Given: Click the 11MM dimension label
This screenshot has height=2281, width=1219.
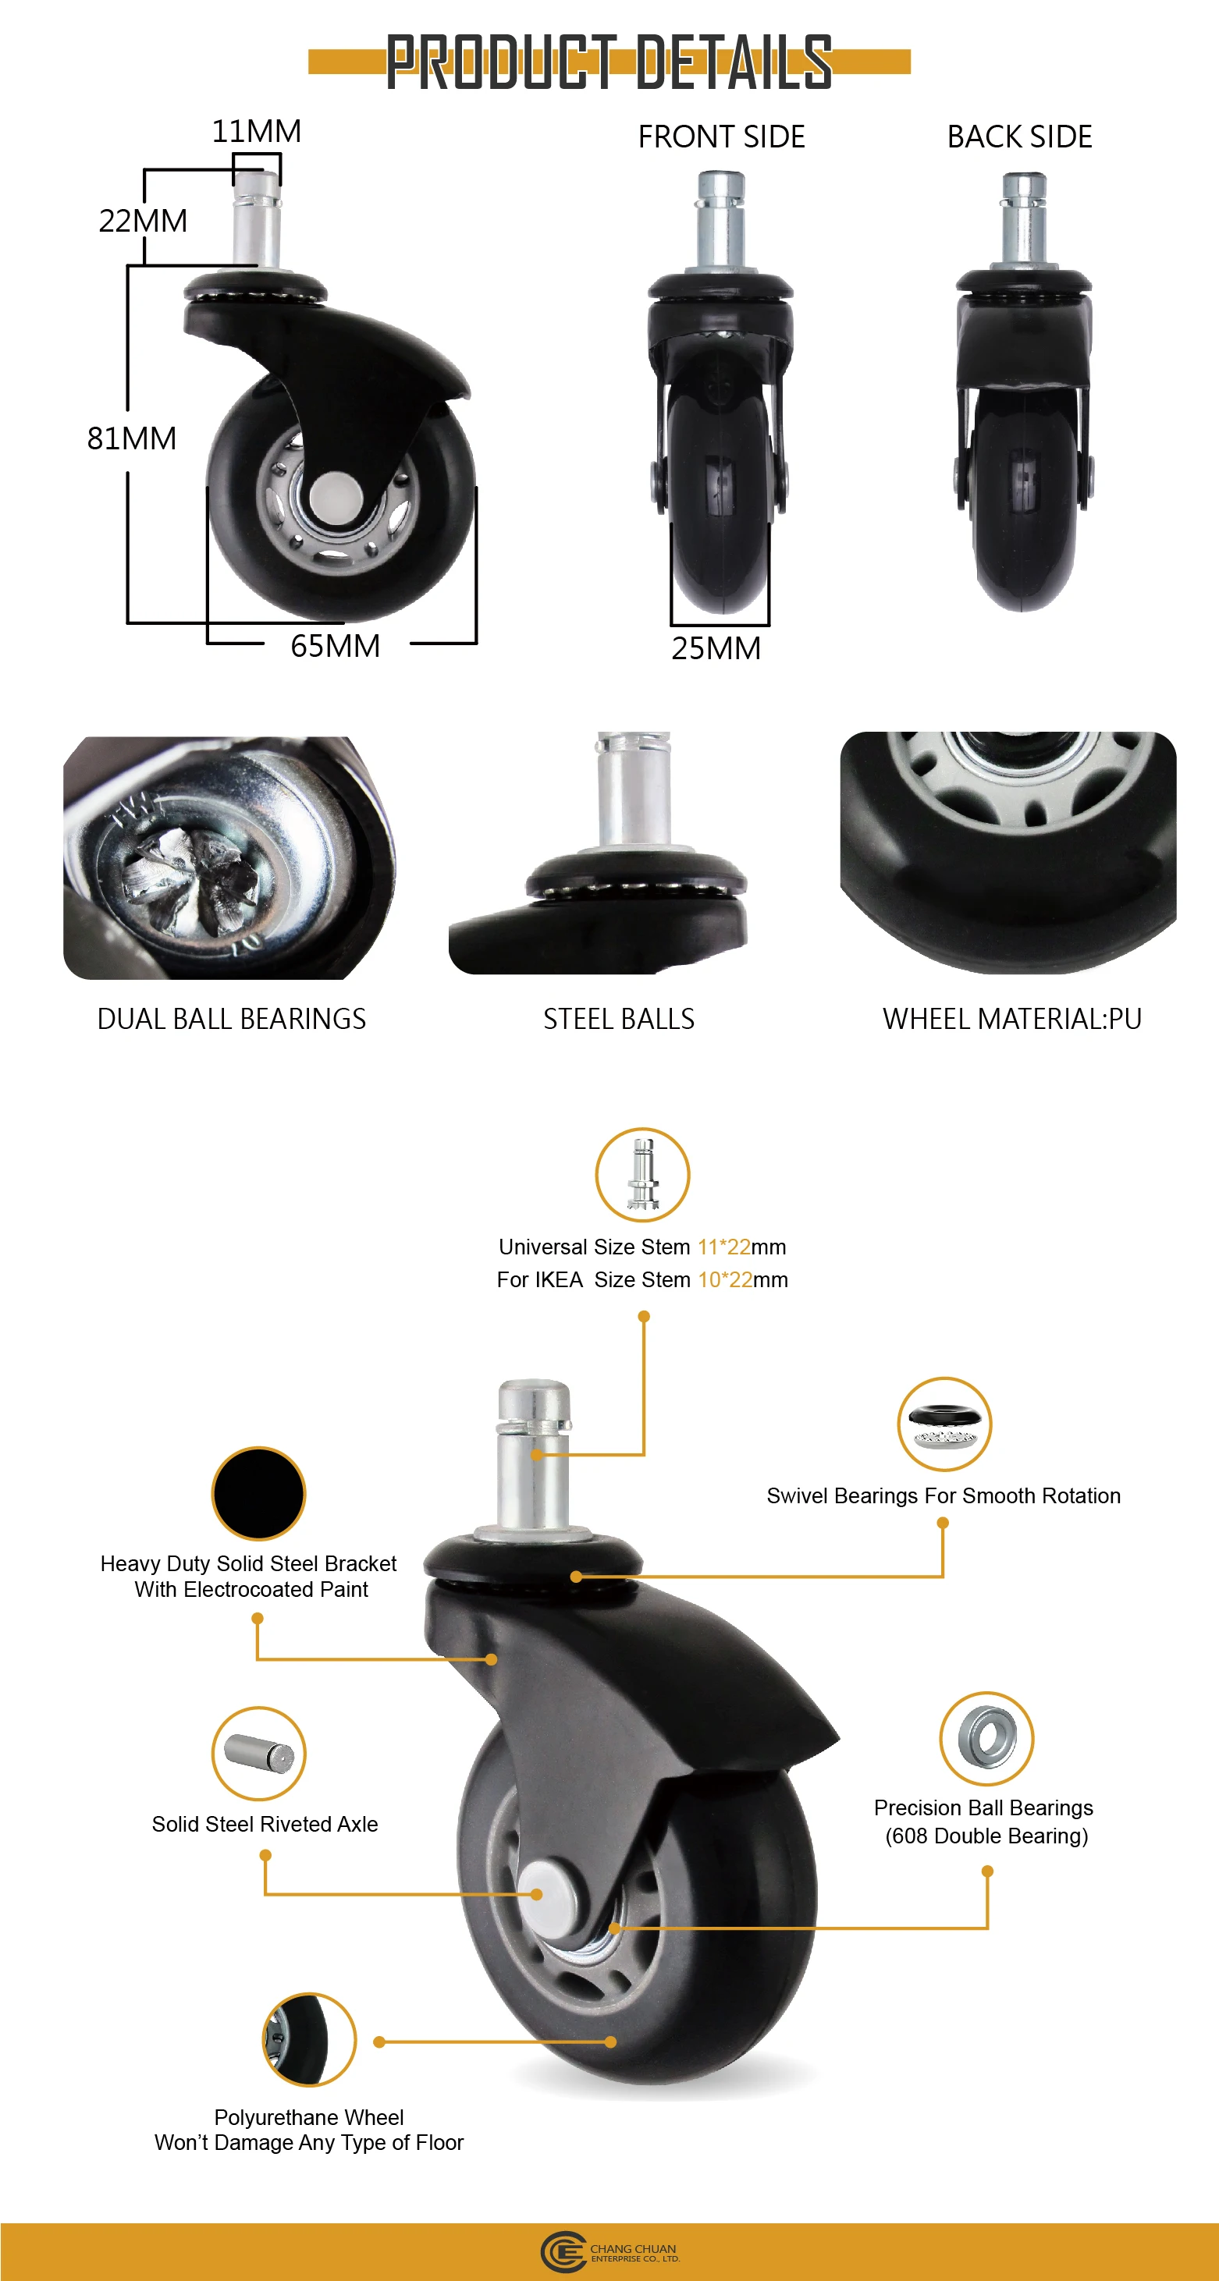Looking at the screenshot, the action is [256, 131].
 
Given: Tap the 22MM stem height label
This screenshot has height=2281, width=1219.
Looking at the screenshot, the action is [143, 221].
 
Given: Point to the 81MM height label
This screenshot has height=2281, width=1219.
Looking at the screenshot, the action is [131, 438].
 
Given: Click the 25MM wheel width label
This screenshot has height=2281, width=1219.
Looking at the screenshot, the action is [716, 648].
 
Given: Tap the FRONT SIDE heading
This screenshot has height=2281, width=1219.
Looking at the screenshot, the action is [721, 137].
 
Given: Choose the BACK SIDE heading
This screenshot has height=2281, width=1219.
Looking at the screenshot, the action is [1020, 137].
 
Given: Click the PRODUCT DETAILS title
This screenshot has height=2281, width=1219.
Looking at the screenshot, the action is [609, 62].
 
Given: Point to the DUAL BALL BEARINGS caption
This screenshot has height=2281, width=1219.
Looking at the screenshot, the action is [231, 1019].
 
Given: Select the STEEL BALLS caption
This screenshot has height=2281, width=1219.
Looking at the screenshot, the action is [618, 1019].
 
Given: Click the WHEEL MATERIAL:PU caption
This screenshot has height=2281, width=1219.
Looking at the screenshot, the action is [1011, 1019].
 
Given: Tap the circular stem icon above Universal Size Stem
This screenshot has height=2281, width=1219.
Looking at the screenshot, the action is [642, 1174].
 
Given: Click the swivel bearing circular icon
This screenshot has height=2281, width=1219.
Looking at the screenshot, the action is [944, 1424].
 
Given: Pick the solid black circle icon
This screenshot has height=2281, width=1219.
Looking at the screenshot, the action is [258, 1494].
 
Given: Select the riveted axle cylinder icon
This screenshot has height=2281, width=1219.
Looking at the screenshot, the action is [258, 1753].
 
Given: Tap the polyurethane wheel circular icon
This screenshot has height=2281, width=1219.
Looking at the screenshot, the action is [309, 2039].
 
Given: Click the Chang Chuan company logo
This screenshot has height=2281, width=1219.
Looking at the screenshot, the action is [609, 2253].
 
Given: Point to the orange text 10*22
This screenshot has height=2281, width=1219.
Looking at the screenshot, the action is [725, 1279].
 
